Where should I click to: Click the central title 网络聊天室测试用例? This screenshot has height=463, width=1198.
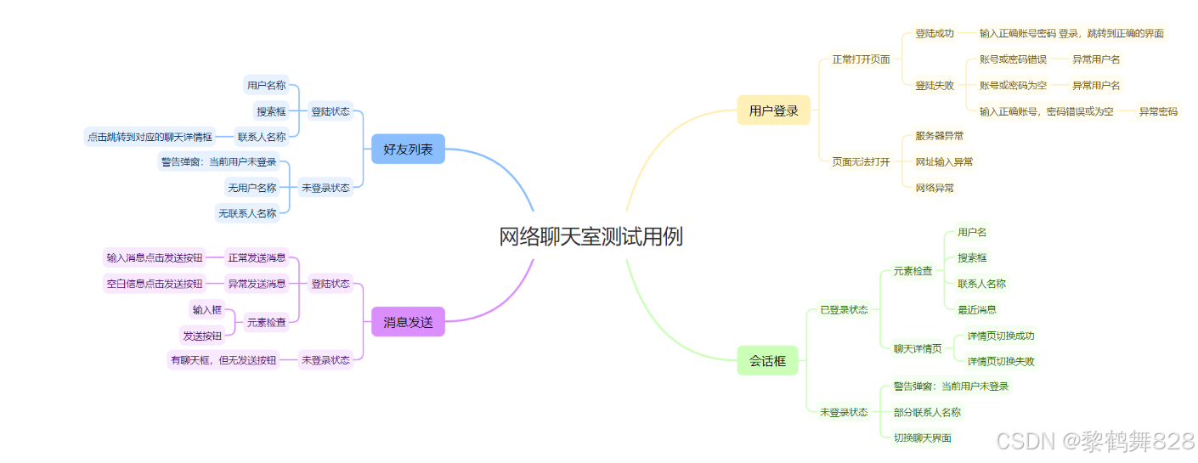pos(591,237)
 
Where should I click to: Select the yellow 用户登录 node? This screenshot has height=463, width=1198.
pos(773,110)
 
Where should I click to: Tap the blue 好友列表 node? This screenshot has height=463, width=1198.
pos(408,150)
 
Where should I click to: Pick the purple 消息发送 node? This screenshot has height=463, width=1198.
pos(408,322)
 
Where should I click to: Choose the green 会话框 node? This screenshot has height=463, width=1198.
pos(767,361)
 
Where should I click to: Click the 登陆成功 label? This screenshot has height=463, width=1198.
pos(934,34)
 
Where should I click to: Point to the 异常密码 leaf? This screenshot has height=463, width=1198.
pos(1158,111)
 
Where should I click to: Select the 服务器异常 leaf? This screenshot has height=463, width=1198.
pos(939,136)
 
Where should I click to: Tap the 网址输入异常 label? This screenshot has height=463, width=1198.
pos(944,161)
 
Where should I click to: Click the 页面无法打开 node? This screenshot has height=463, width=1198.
pos(861,161)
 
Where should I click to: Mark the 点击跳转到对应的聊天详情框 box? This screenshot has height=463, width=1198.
pos(150,136)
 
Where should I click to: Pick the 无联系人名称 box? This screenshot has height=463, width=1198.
pos(247,213)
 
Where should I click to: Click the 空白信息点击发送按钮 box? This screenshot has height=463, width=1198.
pos(155,284)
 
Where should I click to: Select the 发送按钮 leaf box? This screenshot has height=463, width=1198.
pos(202,336)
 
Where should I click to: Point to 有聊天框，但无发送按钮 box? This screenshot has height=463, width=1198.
pos(223,360)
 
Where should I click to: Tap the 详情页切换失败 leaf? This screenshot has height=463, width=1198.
pos(1001,361)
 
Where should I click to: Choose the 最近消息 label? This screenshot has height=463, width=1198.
pos(977,309)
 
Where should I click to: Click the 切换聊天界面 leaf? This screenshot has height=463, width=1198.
pos(922,438)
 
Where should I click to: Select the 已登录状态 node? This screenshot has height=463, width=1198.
pos(844,309)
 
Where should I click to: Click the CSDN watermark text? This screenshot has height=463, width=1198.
pos(1094,441)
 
